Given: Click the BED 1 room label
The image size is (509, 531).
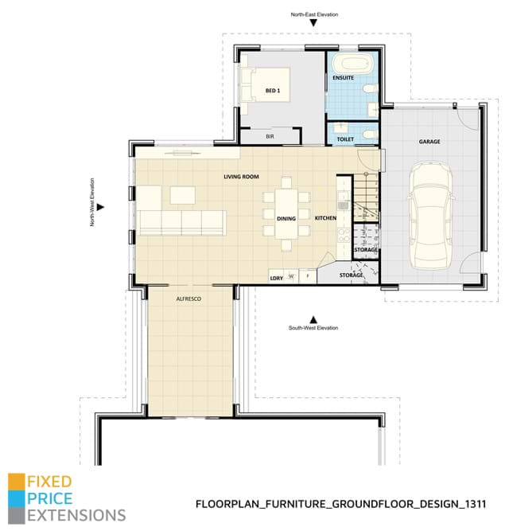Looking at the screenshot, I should pos(273,92).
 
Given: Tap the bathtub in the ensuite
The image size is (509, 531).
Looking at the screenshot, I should pos(351,64).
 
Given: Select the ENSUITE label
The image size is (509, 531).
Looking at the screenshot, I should pos(344,79).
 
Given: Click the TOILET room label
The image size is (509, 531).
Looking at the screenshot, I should pos(345,139).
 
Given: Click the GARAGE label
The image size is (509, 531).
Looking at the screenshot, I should pos(429,142).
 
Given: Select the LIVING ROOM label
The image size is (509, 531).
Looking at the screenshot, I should pos(241,177).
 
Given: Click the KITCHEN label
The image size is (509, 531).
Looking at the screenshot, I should pos(326,217).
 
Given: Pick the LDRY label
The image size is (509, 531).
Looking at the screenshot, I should pos(277,278).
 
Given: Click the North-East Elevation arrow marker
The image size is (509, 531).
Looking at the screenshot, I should pos(314,24).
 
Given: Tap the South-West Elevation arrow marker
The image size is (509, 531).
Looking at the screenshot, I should pos(313,317).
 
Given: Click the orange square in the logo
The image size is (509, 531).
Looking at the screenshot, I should pos(15,482).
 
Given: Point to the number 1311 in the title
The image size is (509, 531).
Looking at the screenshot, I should pos(472,504).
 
